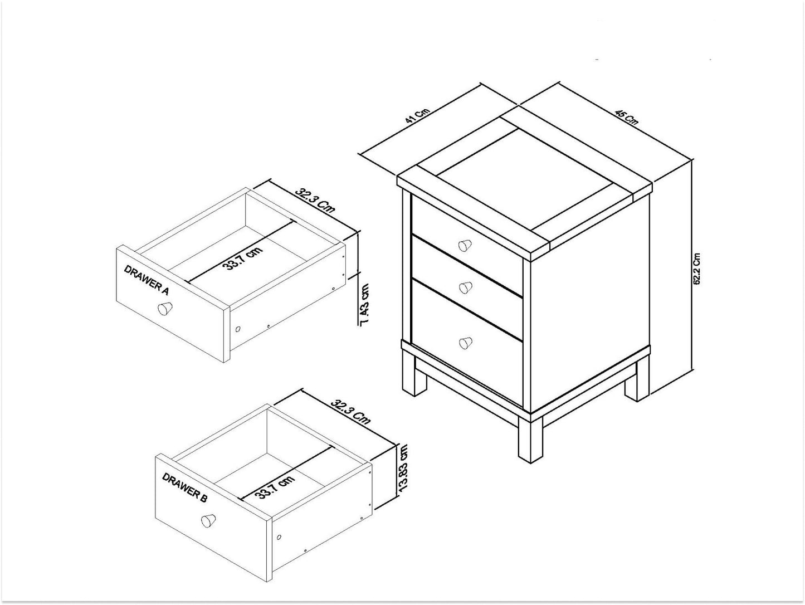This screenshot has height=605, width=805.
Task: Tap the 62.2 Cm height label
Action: tap(697, 269)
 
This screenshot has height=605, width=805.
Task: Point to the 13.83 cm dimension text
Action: tap(404, 467)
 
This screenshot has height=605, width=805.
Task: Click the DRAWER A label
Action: tap(146, 280)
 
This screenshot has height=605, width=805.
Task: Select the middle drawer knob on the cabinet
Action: tap(464, 287)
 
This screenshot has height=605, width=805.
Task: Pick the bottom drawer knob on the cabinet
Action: tap(464, 342)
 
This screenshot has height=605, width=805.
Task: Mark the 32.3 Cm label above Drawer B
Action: tap(350, 411)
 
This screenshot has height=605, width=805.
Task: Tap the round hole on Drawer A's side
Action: tap(238, 329)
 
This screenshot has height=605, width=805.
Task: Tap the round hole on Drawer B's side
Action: tap(279, 538)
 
